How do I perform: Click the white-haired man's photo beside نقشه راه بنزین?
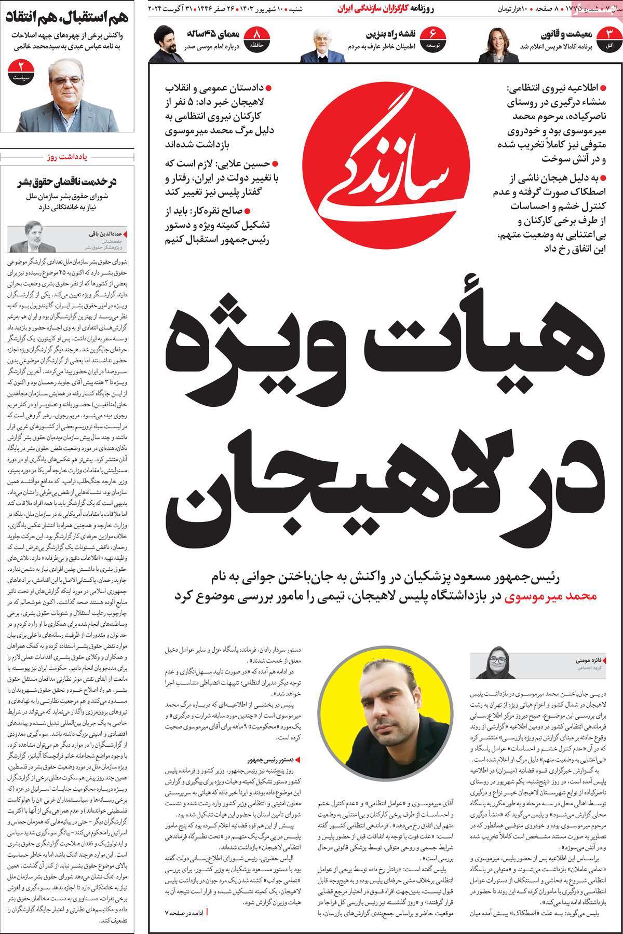click(x=328, y=46)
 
